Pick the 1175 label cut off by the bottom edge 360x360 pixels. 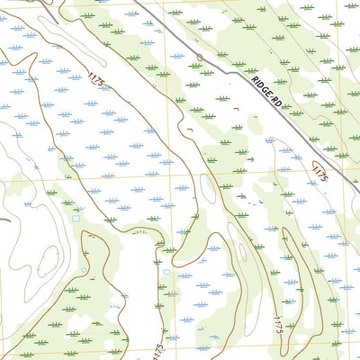point(158,349)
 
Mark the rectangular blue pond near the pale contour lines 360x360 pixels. point(76,218)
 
